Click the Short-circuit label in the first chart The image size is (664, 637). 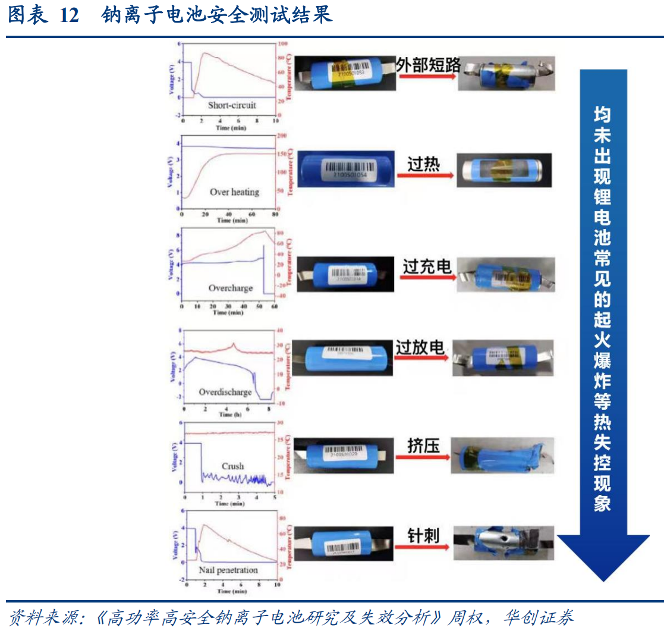(x=232, y=105)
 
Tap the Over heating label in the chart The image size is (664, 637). (x=234, y=192)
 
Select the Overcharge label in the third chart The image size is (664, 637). (x=231, y=288)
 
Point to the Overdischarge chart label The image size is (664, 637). (x=225, y=393)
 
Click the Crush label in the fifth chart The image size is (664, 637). (x=233, y=466)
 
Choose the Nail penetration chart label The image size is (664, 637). (x=228, y=570)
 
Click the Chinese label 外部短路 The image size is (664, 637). (x=429, y=64)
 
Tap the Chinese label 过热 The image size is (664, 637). (x=423, y=164)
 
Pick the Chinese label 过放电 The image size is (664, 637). (x=420, y=347)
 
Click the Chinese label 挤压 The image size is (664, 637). (x=423, y=445)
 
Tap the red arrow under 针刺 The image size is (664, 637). (x=423, y=548)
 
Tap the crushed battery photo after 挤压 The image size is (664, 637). (x=502, y=456)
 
